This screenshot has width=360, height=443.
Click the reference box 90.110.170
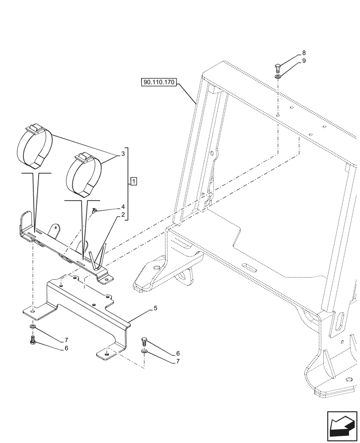(x=160, y=82)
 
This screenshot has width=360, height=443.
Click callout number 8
(x=304, y=53)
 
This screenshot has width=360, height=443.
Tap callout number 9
(x=304, y=61)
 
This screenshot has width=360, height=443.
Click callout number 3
(x=118, y=155)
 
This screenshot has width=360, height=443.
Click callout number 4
(x=122, y=207)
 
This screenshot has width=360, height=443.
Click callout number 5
(x=155, y=307)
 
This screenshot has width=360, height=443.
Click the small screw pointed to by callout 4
(x=95, y=212)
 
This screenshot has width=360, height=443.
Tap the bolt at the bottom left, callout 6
(x=33, y=340)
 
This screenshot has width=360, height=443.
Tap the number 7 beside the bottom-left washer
(x=67, y=340)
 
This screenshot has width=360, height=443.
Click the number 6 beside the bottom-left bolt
(x=67, y=348)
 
